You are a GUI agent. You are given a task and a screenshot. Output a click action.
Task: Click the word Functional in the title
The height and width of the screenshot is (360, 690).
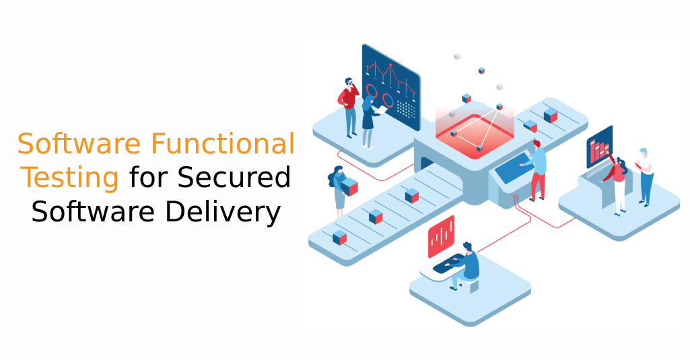[x=223, y=143]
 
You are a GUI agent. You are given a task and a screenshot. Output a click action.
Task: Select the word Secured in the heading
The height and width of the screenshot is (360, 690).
[x=234, y=177]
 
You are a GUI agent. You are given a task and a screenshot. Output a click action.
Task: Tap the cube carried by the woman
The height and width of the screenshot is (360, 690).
[x=349, y=186]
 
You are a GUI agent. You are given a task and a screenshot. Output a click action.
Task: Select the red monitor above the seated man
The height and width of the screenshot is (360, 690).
[x=441, y=236]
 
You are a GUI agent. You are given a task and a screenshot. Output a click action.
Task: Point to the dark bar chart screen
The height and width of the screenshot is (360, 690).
[x=599, y=147]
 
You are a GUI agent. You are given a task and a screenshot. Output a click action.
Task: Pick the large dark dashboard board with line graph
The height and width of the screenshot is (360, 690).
[x=390, y=87]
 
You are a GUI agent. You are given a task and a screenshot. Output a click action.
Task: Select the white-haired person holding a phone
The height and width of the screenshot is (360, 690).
[x=644, y=177]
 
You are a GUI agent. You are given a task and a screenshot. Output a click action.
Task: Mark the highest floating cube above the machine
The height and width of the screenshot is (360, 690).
[x=456, y=57]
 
